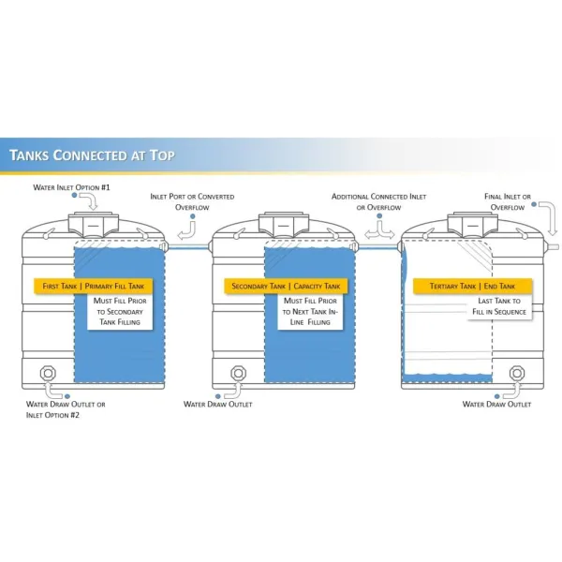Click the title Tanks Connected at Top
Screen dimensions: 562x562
(x=92, y=155)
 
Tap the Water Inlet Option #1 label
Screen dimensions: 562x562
(x=71, y=187)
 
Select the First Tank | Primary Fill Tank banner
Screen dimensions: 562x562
(x=93, y=286)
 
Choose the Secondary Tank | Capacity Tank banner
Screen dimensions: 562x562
(x=286, y=286)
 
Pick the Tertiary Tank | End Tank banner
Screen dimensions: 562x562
(x=472, y=286)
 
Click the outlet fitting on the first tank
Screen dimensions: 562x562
(x=48, y=373)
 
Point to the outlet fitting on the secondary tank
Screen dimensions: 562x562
(x=238, y=373)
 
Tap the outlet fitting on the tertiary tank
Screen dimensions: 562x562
(x=517, y=373)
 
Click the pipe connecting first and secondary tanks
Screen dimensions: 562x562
(x=188, y=246)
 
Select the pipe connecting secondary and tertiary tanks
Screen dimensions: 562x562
(x=377, y=246)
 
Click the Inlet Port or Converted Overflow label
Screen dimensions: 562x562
(x=192, y=201)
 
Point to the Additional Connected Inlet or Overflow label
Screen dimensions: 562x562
(x=378, y=201)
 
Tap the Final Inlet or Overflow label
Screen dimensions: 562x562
(x=508, y=201)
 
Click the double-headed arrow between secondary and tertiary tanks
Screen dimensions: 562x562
(x=379, y=234)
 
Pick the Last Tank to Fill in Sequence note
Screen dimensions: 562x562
(x=499, y=306)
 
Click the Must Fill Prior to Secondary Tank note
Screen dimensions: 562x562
(x=120, y=312)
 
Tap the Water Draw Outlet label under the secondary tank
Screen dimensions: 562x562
(x=218, y=405)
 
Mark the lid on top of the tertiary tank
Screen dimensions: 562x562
(x=472, y=225)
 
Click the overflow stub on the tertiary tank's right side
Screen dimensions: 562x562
(x=552, y=246)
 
